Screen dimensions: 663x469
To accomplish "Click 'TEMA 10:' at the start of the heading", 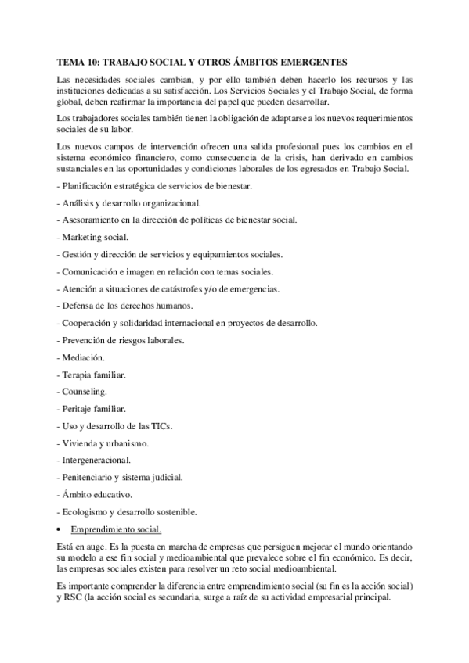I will pyautogui.click(x=78, y=61).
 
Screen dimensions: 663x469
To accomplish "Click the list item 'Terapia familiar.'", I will pyautogui.click(x=93, y=375).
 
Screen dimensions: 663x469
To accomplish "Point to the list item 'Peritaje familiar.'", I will pyautogui.click(x=94, y=409).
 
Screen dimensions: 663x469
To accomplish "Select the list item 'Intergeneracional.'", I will pyautogui.click(x=96, y=460).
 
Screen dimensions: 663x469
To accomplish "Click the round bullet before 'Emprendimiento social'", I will pyautogui.click(x=62, y=529).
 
